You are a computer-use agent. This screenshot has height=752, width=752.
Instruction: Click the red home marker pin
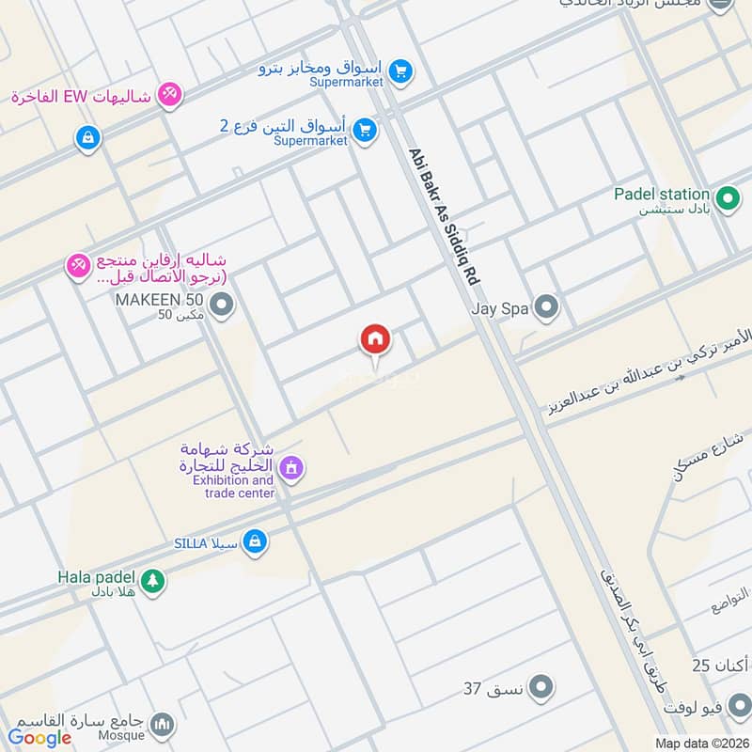coord(375,340)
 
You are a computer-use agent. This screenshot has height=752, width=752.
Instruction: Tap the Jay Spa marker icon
coord(545,306)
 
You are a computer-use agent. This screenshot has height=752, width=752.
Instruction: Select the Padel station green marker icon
coord(726,199)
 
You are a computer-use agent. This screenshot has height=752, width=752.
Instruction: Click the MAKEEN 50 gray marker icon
coord(222,305)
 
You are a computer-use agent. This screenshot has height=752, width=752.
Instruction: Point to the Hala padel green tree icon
coord(153,581)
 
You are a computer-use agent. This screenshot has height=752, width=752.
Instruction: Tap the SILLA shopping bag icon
coord(254,541)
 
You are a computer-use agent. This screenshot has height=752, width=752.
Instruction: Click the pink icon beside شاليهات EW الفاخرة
coord(169,95)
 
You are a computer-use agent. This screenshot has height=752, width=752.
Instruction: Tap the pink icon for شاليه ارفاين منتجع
coord(76,267)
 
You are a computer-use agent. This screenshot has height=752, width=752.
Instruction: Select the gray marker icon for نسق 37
coord(540,689)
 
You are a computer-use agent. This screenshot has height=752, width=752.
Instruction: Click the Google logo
coord(40,738)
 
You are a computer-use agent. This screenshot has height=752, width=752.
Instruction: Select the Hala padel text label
coord(97,576)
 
